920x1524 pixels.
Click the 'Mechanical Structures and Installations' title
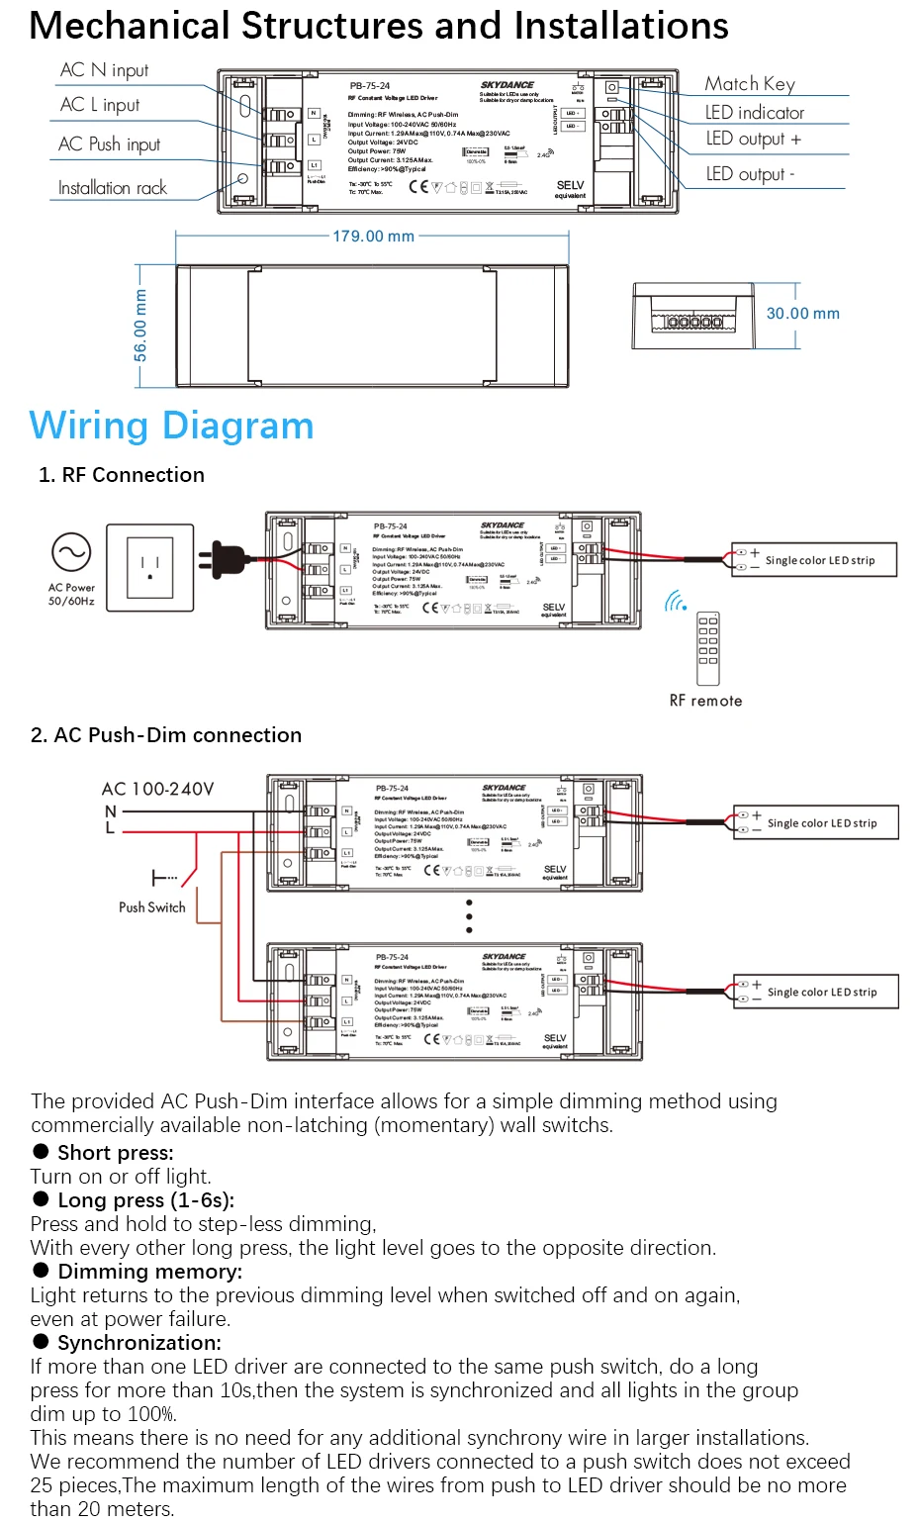[379, 27]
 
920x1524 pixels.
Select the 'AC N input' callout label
[104, 70]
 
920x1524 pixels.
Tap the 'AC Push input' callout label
[109, 144]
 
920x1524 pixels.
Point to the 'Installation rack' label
[112, 188]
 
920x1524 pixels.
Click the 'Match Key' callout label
[749, 84]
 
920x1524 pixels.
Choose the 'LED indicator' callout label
[754, 113]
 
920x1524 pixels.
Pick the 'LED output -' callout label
[750, 174]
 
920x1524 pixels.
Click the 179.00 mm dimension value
[373, 237]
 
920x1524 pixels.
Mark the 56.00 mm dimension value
[140, 325]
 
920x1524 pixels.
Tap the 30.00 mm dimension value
[802, 314]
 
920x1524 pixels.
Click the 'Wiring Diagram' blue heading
[171, 426]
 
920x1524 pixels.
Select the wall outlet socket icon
[150, 568]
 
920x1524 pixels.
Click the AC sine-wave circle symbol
[71, 552]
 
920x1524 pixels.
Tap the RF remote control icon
[708, 648]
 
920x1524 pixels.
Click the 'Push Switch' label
[151, 907]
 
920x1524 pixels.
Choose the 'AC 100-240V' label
[157, 789]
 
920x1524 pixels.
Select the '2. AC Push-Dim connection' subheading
[166, 735]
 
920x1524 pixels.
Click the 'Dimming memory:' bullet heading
[149, 1272]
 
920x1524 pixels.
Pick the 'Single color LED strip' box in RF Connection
[814, 560]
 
